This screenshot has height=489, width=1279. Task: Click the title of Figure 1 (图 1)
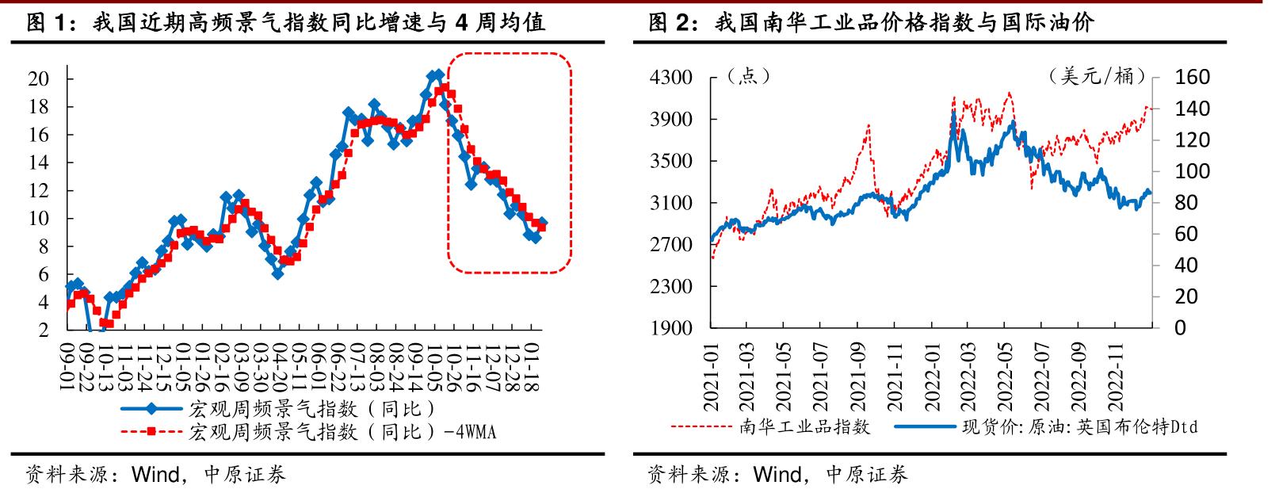(x=285, y=22)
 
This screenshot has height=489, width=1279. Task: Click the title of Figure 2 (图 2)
(x=871, y=22)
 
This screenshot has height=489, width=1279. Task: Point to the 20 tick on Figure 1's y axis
(x=39, y=78)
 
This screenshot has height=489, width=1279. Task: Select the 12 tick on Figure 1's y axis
(x=39, y=190)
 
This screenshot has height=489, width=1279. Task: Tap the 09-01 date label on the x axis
(x=67, y=367)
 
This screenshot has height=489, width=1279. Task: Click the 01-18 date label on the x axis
(x=532, y=367)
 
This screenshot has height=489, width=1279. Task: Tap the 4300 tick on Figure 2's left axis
(x=671, y=78)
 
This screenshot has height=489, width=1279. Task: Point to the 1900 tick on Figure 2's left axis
(x=671, y=328)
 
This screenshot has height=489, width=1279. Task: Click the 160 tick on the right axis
(x=1192, y=78)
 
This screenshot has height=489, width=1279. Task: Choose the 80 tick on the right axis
(x=1186, y=203)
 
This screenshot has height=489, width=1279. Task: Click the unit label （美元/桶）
(x=1097, y=76)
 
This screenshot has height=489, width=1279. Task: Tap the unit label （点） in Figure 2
(x=748, y=76)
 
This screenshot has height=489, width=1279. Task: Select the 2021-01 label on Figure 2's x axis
(x=711, y=377)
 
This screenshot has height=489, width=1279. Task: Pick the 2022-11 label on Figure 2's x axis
(x=1115, y=377)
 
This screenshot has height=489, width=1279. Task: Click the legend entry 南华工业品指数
(x=804, y=427)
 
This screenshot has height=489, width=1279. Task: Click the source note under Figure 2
(x=777, y=475)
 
